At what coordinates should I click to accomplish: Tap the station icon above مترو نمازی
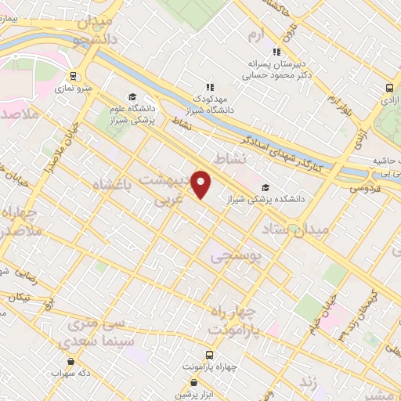[x=74, y=77]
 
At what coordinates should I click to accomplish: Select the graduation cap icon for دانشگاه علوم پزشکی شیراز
[x=131, y=96]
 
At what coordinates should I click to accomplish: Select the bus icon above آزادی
[x=389, y=89]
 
